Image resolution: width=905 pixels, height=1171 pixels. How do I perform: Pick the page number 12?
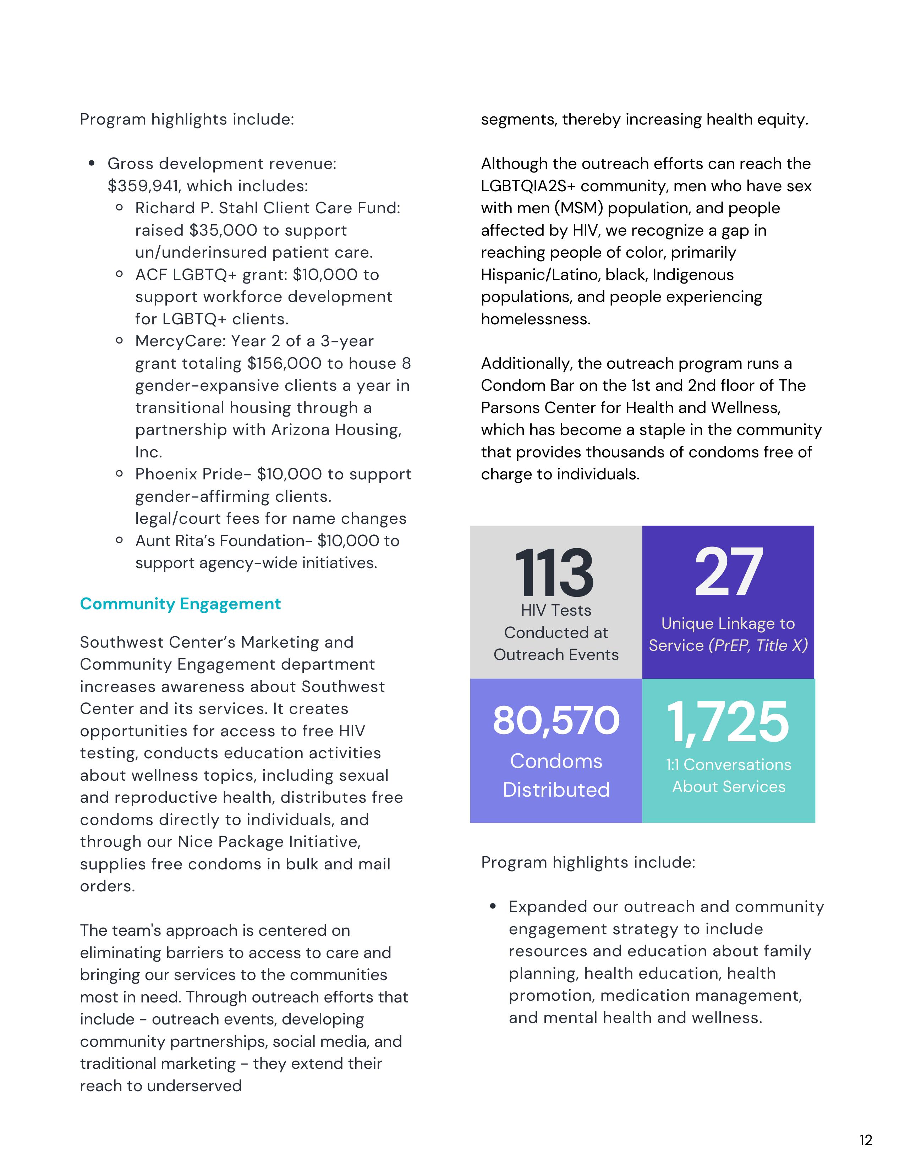[866, 1140]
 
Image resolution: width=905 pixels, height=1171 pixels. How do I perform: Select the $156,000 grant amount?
[284, 363]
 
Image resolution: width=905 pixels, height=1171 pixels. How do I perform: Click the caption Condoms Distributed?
[556, 775]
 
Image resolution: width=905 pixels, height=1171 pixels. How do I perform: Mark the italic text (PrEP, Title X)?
[758, 645]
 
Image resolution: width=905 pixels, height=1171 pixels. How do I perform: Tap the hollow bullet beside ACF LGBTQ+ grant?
[120, 275]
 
